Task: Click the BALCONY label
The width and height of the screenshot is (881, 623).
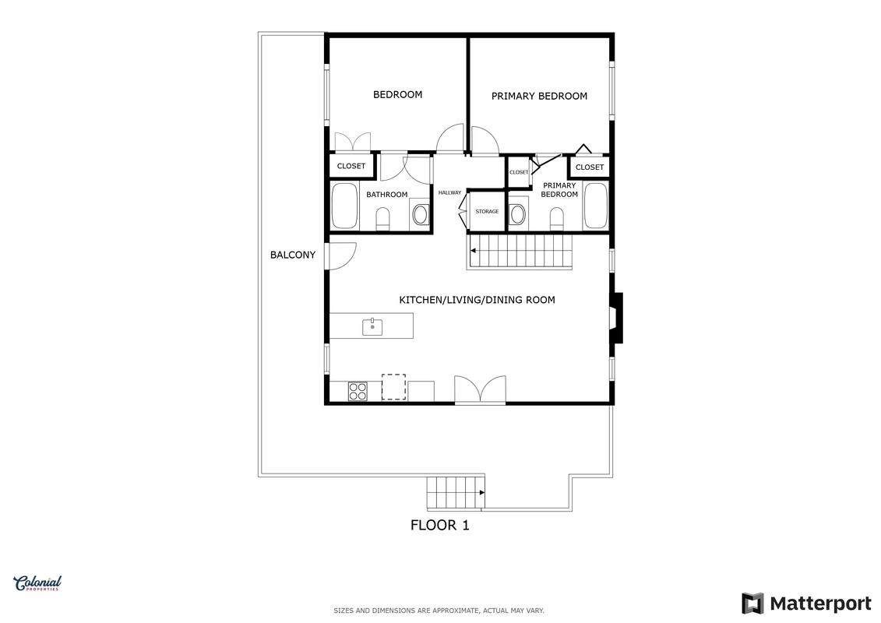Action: click(x=293, y=255)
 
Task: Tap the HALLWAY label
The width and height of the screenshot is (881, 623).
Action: click(x=449, y=192)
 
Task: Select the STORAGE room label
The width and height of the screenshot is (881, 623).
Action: click(x=487, y=212)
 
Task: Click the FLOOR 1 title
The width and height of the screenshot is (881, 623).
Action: click(x=440, y=525)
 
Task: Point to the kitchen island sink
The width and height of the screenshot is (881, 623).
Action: click(x=372, y=326)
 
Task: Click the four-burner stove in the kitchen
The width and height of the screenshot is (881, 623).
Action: click(x=358, y=391)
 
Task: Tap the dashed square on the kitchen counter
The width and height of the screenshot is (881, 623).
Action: click(x=394, y=387)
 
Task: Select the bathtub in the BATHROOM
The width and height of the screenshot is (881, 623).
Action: click(x=344, y=206)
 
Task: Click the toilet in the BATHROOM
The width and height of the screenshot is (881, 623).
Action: click(x=383, y=219)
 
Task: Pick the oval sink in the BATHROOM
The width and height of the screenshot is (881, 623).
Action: click(x=421, y=214)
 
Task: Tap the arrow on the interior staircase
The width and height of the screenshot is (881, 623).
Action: click(x=474, y=250)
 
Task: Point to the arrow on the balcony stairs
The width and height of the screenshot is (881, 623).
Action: click(x=481, y=493)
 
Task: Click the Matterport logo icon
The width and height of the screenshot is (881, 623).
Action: click(x=752, y=604)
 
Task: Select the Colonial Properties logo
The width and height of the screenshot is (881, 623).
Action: click(x=37, y=584)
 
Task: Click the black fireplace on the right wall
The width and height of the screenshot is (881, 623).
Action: click(x=617, y=318)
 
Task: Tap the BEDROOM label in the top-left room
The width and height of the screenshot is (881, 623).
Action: click(x=398, y=95)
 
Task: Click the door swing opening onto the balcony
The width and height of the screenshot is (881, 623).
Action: click(x=343, y=255)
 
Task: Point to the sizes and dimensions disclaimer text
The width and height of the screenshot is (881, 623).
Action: click(x=439, y=611)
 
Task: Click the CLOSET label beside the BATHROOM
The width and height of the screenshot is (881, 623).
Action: click(x=351, y=167)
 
